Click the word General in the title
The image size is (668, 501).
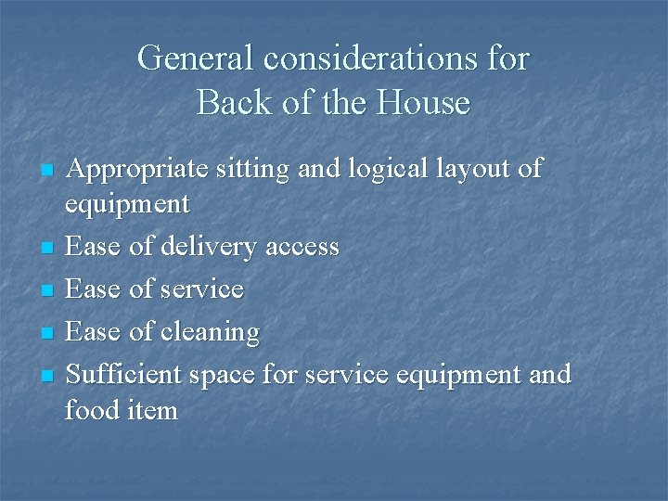196,58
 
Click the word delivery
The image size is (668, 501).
209,248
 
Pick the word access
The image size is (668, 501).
302,248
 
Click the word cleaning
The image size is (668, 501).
210,332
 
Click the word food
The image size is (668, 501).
92,409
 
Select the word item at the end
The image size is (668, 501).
151,409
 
